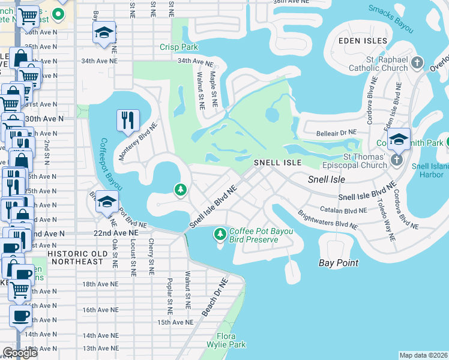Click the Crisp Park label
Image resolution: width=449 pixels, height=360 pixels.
point(178,47)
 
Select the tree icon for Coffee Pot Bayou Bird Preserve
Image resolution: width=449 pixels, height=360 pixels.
point(220,233)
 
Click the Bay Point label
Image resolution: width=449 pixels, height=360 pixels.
point(338,263)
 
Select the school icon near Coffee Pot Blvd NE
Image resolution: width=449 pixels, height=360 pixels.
point(106,202)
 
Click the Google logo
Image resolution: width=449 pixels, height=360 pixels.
point(20,353)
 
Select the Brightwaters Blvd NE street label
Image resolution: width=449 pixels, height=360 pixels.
point(328,220)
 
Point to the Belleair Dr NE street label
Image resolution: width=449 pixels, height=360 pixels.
point(331,131)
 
